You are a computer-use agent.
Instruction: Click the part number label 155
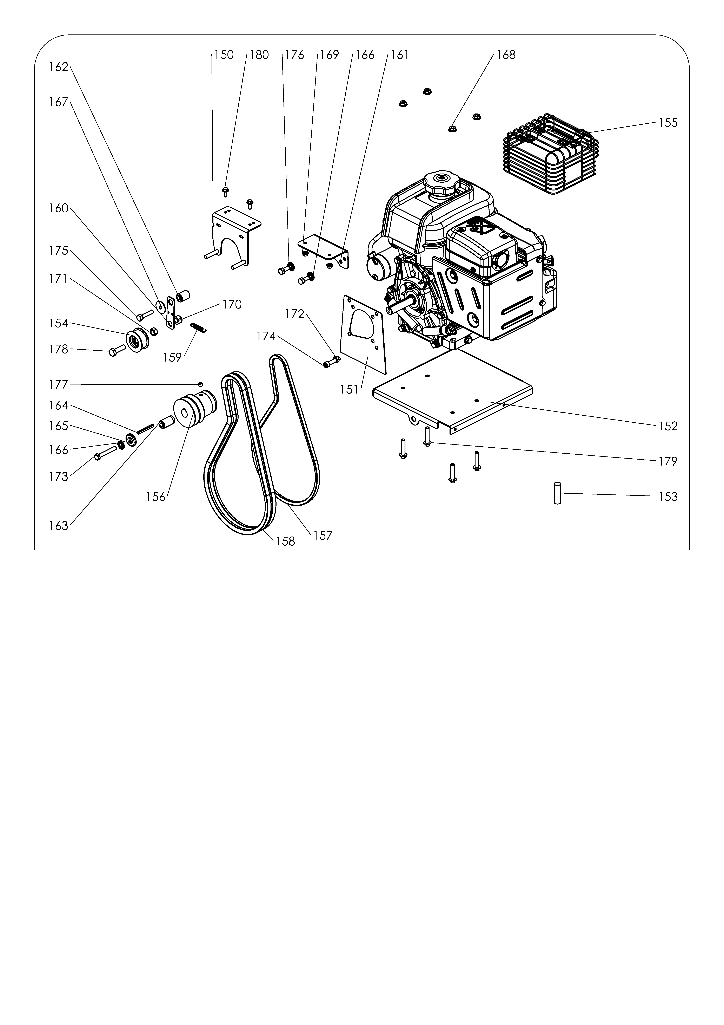(x=668, y=123)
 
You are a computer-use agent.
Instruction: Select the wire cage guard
(x=551, y=154)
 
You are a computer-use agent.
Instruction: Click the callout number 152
(x=668, y=426)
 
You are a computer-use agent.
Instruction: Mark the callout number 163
(x=58, y=526)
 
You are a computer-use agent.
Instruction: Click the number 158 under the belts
(x=285, y=541)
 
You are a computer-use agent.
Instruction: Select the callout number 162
(x=58, y=67)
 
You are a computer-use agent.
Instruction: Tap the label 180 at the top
(x=259, y=55)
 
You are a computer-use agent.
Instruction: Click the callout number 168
(x=506, y=55)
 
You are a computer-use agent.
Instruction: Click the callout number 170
(x=232, y=304)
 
